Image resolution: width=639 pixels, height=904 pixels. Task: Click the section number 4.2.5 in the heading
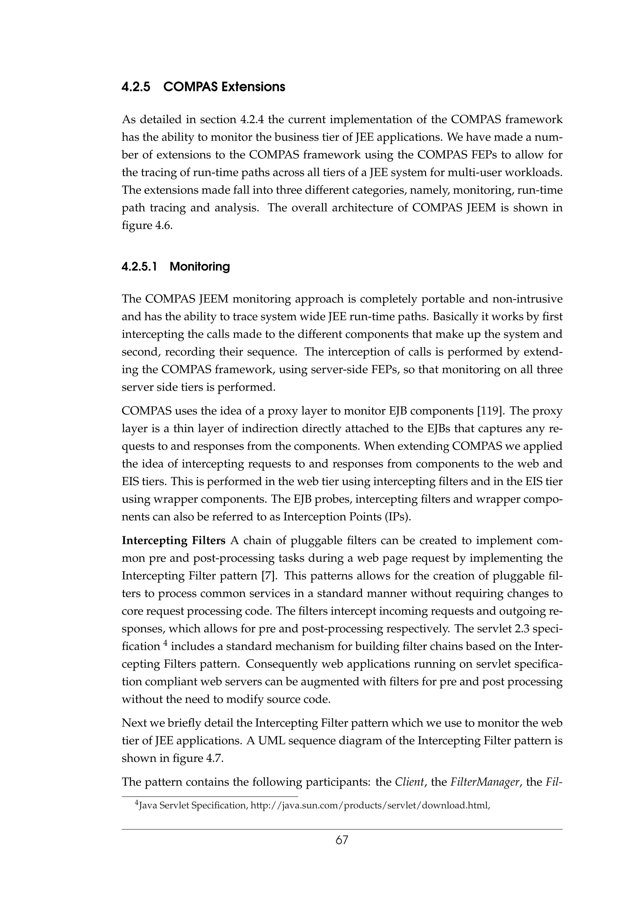(136, 87)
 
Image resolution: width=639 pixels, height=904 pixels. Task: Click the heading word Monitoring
(200, 267)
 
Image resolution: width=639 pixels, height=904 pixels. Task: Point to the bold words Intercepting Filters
(173, 541)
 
